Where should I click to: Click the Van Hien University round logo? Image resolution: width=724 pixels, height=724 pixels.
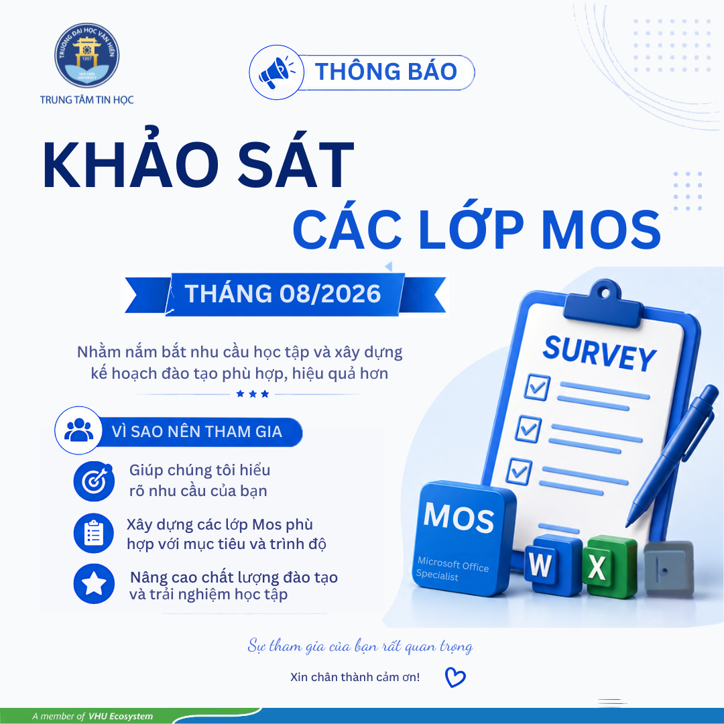86,56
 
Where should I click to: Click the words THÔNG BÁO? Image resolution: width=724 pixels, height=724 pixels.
386,72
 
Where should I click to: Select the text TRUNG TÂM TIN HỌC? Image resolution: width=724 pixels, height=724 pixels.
86,100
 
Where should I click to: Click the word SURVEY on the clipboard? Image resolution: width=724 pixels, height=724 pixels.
599,353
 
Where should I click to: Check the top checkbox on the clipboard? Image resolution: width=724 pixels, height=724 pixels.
538,387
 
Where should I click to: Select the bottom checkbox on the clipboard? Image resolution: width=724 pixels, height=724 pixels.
519,471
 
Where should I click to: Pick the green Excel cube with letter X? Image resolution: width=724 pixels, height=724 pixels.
609,566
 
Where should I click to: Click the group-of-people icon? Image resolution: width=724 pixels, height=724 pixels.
78,430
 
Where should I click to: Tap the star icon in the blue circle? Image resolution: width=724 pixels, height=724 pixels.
95,584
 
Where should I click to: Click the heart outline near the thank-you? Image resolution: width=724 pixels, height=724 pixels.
455,677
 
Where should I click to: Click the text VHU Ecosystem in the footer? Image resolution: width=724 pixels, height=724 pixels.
121,716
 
